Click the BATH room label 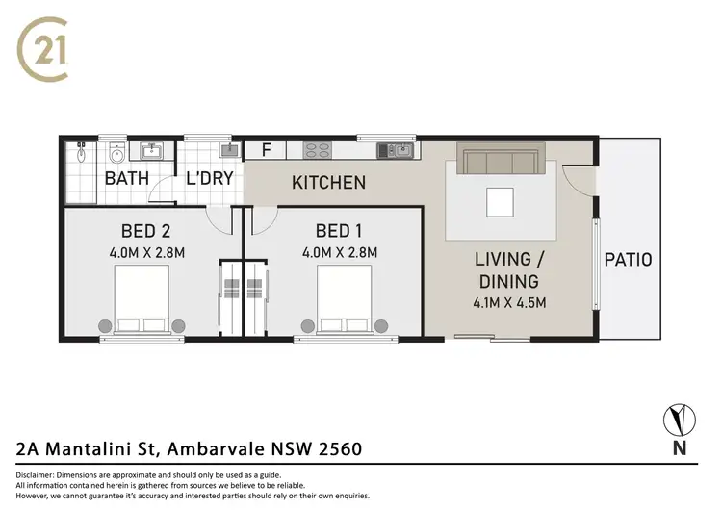point(126,178)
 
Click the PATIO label point(628,259)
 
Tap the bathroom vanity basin point(116,152)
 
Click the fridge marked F point(266,150)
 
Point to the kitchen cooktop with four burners point(317,150)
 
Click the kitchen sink point(396,150)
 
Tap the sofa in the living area point(501,158)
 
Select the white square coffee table point(501,202)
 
